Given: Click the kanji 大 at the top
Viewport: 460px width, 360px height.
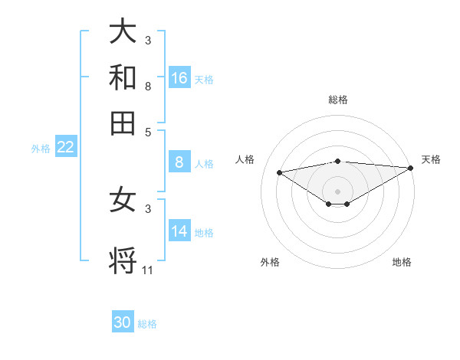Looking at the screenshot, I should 123,31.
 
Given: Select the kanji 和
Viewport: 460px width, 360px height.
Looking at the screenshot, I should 123,77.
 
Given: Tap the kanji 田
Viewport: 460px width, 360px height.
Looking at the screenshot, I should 123,122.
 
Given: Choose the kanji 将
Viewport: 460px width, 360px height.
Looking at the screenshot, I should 123,260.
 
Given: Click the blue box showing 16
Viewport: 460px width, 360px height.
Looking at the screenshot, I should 179,77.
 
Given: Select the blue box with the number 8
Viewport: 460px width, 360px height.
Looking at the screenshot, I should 179,162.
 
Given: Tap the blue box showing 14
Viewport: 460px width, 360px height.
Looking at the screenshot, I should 179,231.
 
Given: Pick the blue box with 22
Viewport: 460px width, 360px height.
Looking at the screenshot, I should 66,147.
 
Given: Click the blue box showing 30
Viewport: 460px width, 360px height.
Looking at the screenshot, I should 123,322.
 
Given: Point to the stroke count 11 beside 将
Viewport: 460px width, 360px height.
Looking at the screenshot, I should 148,270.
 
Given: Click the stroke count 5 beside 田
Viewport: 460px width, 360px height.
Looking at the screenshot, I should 148,132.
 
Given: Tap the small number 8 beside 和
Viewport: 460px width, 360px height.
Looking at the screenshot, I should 148,87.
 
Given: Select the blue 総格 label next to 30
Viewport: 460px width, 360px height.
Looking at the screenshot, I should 147,324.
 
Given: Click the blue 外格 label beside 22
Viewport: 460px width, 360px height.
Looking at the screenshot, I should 40,149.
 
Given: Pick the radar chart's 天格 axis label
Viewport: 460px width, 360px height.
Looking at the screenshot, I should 431,159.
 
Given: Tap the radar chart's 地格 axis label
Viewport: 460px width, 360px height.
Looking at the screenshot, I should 402,262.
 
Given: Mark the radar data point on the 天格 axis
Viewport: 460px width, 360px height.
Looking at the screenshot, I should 412,168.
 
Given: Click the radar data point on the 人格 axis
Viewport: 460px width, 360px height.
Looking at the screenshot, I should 280,172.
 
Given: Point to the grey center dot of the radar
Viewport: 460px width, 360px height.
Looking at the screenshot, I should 337,191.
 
